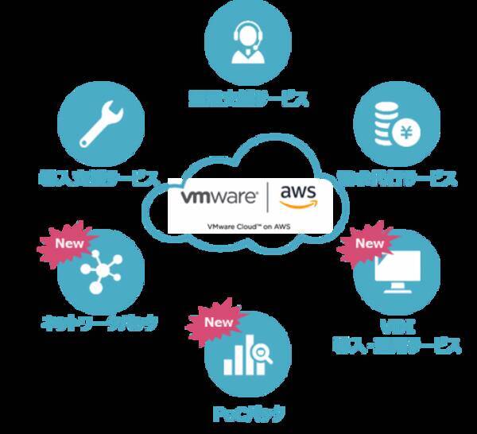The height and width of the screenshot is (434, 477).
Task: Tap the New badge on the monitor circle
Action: (369, 243)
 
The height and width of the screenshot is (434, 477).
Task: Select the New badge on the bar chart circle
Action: (219, 323)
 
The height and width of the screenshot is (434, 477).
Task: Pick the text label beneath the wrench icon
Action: (99, 176)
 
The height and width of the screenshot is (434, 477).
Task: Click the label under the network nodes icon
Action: (99, 324)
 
